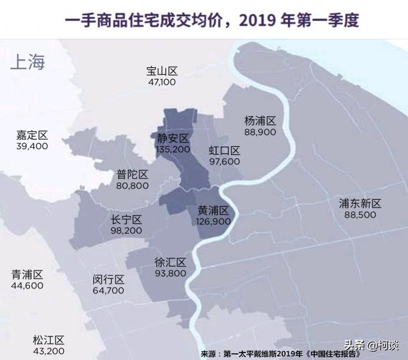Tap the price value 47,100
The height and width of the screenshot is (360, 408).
pyautogui.click(x=161, y=82)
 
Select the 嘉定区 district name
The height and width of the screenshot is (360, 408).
pyautogui.click(x=33, y=135)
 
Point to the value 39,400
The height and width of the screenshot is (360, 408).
pyautogui.click(x=33, y=146)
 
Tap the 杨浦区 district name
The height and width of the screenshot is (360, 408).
pyautogui.click(x=259, y=120)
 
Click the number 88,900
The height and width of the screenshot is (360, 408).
pyautogui.click(x=259, y=131)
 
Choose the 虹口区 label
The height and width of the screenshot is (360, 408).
pyautogui.click(x=224, y=151)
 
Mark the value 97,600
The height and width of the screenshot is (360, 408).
pyautogui.click(x=224, y=162)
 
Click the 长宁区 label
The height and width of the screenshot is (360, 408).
pyautogui.click(x=126, y=220)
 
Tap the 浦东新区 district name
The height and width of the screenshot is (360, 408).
pyautogui.click(x=360, y=204)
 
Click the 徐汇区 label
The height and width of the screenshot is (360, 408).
pyautogui.click(x=170, y=263)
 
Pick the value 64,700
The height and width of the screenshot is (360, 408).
pyautogui.click(x=108, y=291)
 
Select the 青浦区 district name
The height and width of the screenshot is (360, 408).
pyautogui.click(x=27, y=275)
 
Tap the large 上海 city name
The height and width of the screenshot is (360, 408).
pyautogui.click(x=28, y=62)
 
